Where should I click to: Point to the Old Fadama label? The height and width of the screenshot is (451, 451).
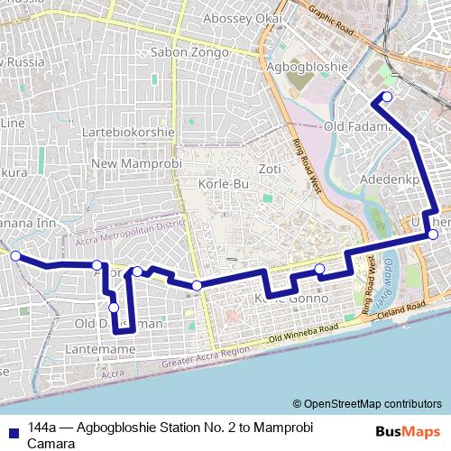coord(360,127)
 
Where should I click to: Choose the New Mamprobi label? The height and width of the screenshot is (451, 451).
coord(137,163)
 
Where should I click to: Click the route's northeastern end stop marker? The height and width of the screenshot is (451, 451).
coord(387,97)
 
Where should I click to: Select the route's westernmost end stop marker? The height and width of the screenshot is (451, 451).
coord(15,255)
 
